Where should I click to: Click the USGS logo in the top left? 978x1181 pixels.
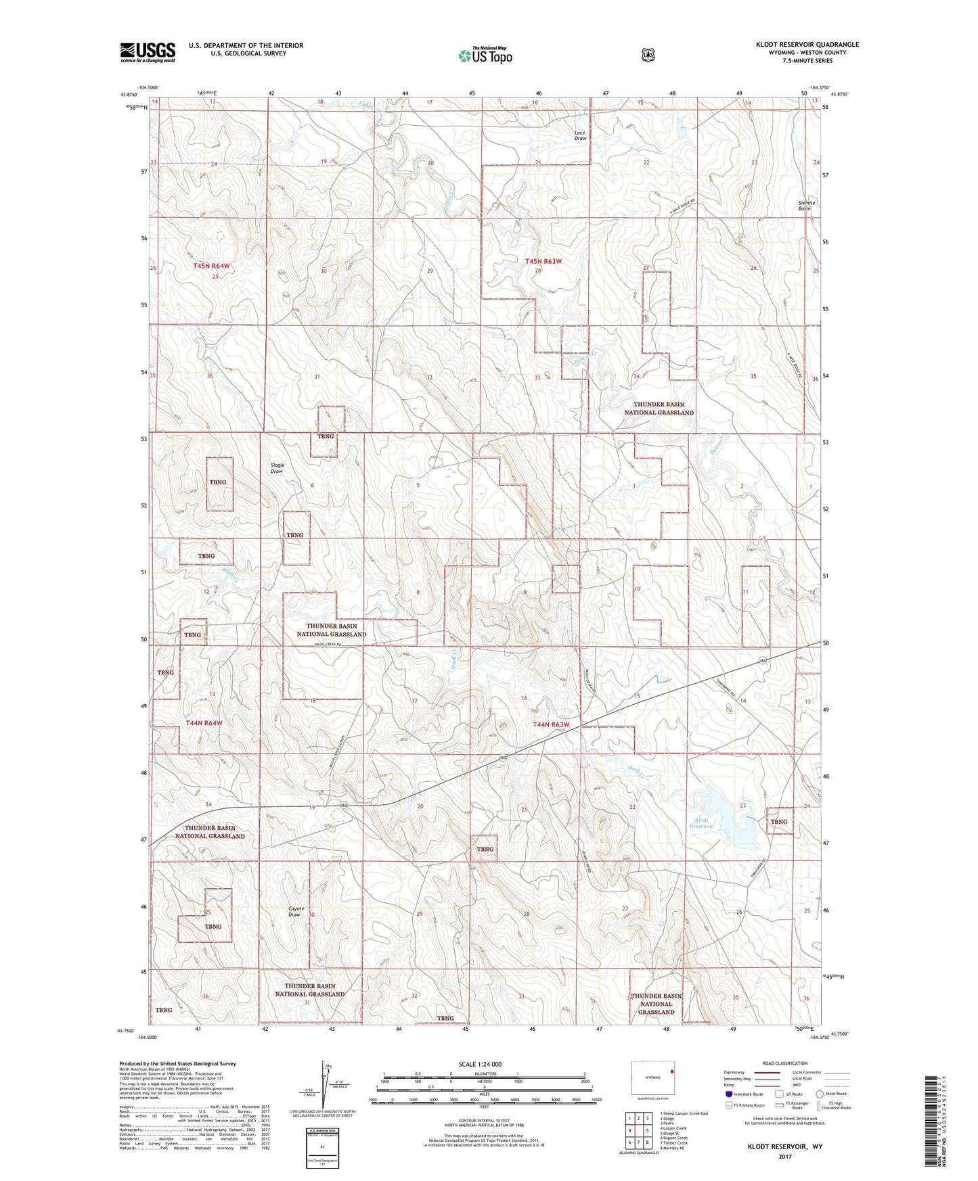click(x=148, y=52)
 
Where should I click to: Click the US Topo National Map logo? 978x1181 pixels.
click(x=485, y=55)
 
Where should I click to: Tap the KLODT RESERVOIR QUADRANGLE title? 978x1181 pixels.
click(x=807, y=45)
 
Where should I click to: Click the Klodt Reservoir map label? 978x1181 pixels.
click(x=702, y=823)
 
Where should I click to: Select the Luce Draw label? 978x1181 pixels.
click(x=580, y=135)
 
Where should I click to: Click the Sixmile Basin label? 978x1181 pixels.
click(x=805, y=206)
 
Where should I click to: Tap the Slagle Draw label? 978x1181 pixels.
click(x=277, y=468)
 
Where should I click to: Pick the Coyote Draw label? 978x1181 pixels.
click(x=296, y=911)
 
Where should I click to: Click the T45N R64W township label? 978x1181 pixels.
click(x=211, y=267)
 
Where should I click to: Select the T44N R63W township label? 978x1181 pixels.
click(x=551, y=724)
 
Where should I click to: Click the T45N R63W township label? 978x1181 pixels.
click(x=543, y=261)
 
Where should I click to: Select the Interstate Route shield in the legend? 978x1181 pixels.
click(x=728, y=1094)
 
